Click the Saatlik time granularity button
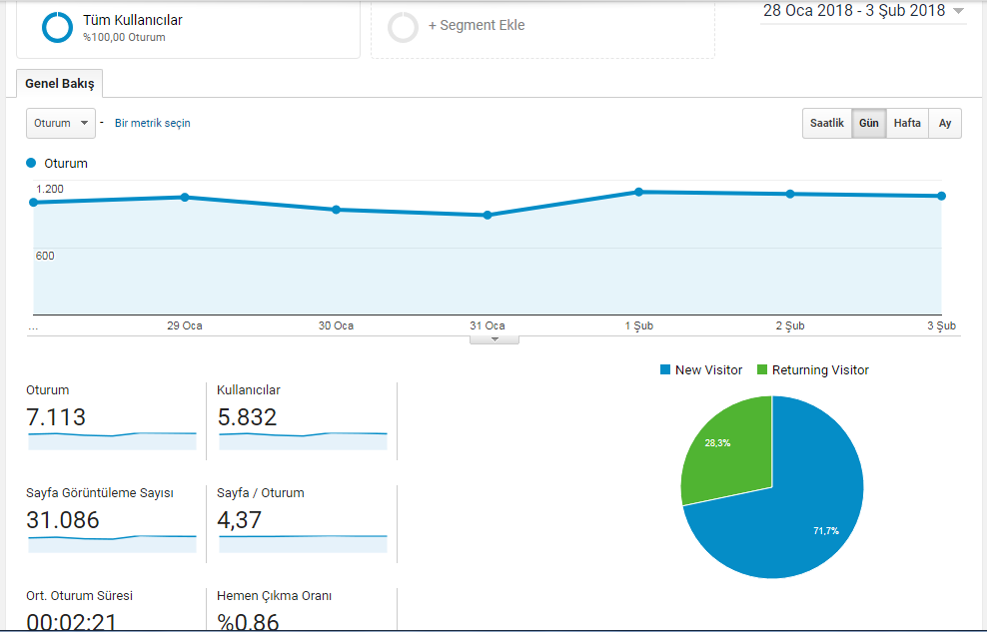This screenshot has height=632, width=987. [826, 123]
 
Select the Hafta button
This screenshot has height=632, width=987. [907, 123]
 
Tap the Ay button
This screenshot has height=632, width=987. [945, 123]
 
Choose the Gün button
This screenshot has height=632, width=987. [869, 123]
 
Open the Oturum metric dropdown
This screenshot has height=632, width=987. [60, 123]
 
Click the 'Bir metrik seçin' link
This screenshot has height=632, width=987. [152, 123]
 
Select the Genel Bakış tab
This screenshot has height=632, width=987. [60, 84]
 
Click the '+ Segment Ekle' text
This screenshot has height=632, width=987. [477, 25]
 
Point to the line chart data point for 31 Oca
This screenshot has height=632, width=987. [488, 215]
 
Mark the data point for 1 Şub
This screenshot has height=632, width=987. [639, 192]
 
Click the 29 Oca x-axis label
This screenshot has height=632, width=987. [185, 325]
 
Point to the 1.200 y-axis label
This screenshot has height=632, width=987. [50, 189]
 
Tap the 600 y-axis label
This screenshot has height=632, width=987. [45, 256]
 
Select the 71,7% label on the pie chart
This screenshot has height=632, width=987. [826, 531]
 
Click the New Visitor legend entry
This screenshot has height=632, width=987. [701, 369]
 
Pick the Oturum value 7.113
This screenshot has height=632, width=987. [56, 417]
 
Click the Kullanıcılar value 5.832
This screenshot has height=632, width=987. [247, 417]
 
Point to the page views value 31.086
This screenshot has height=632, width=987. [63, 520]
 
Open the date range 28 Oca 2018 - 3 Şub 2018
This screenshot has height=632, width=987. [863, 11]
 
